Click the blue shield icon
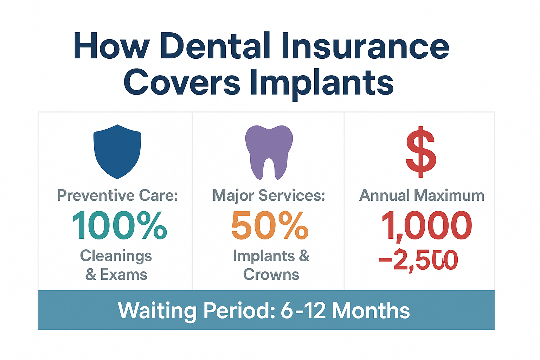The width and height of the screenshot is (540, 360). pos(117,151)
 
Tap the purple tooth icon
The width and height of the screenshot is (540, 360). pos(269,151)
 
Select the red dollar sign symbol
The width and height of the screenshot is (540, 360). pos(421,152)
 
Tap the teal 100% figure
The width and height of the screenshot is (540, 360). pos(120,226)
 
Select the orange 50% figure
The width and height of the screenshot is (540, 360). pos(270,226)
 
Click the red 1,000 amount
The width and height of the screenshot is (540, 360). pos(426,226)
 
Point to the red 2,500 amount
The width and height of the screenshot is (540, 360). pos(425,260)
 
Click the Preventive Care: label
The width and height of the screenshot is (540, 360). pos(117,195)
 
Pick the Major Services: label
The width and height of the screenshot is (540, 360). pos(269,195)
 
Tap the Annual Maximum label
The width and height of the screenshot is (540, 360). pos(422,195)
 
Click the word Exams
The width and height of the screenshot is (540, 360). pos(124,275)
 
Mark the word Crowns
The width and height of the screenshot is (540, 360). pos(271,275)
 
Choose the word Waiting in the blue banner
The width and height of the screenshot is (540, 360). pos(157,311)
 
